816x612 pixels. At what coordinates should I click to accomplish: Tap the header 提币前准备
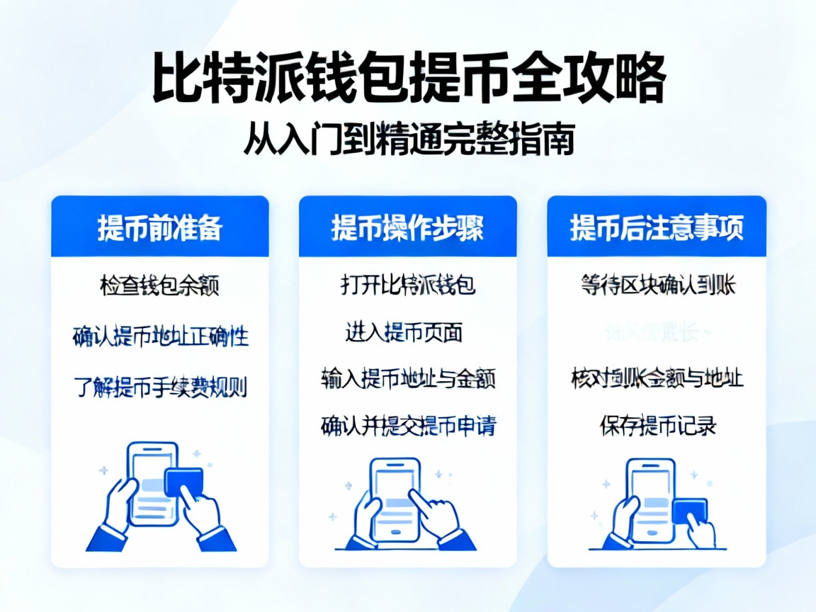point(159,227)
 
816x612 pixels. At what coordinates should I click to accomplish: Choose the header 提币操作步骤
point(407,227)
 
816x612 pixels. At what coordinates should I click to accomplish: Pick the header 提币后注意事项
point(656,227)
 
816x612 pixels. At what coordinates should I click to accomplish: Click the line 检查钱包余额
point(159,285)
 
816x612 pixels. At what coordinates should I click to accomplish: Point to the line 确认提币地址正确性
point(160,336)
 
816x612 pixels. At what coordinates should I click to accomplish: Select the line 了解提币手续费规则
point(160,387)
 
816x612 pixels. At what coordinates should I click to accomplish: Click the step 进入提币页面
point(404,331)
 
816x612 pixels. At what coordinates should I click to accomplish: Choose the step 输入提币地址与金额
point(407,378)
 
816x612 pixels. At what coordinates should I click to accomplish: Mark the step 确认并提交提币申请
point(407,425)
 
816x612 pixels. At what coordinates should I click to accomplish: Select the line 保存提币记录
point(657,425)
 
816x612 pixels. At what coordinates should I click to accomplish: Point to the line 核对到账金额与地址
point(656,378)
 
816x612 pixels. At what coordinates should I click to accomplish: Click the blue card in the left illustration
point(183,482)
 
